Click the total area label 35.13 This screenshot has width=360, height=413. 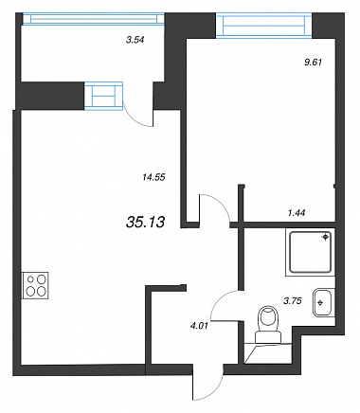click(145, 223)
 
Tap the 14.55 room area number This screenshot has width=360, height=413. click(153, 177)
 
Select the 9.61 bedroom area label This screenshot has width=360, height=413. click(313, 63)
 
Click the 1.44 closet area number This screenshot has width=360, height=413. click(297, 213)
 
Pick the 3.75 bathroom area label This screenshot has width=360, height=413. click(293, 301)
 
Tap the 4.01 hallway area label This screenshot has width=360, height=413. click(199, 325)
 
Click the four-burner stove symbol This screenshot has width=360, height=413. click(35, 285)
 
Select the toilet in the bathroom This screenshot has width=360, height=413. click(269, 324)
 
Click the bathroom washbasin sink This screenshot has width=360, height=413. click(322, 303)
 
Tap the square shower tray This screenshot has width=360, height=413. click(310, 252)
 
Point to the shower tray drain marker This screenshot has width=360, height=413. click(326, 237)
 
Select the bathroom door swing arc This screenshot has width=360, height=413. click(221, 300)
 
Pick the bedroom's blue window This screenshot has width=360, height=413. click(264, 26)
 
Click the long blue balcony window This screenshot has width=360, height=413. click(94, 19)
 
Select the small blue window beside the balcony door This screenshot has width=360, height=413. click(103, 96)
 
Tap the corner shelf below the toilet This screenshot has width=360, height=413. click(268, 353)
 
